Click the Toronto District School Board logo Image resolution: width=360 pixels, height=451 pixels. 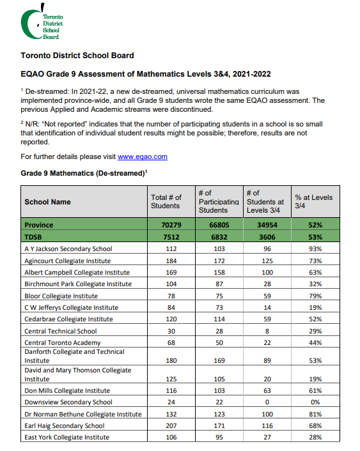click(44, 23)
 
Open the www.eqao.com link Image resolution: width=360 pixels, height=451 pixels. click(142, 157)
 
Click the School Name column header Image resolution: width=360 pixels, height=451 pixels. click(47, 202)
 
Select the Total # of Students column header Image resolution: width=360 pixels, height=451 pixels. click(166, 202)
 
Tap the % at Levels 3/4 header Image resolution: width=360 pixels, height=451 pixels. click(313, 202)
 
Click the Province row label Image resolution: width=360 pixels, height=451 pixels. click(39, 225)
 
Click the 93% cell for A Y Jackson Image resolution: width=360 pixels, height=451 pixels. click(314, 249)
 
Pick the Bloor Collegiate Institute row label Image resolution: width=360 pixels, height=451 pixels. click(61, 296)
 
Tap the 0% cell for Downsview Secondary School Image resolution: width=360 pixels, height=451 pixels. click(314, 402)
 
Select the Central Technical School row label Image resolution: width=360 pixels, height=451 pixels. click(61, 331)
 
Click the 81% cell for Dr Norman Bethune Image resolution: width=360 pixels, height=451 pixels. click(314, 414)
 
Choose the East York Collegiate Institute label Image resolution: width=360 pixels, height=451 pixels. click(67, 438)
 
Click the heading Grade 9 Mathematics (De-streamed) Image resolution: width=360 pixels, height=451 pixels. click(84, 173)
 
